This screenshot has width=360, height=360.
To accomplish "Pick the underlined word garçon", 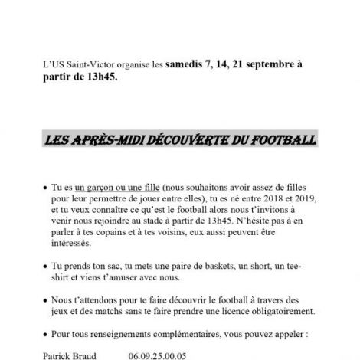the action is (95, 186).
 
